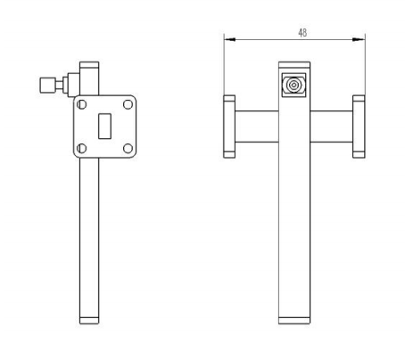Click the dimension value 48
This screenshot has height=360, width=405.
pos(302,33)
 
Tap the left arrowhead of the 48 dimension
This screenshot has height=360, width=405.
pos(229,39)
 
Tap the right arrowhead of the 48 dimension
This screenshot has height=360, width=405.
pos(359,39)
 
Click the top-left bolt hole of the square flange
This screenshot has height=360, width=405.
pos(81,104)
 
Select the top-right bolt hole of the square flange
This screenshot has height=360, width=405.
pos(128,104)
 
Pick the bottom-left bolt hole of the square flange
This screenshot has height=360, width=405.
pos(81,148)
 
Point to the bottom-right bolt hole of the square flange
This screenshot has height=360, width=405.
pos(128,148)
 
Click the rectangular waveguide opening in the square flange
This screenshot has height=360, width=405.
pos(104,126)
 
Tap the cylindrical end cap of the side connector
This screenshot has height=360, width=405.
pos(47,86)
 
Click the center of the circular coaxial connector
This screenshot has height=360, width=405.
pos(293,86)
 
